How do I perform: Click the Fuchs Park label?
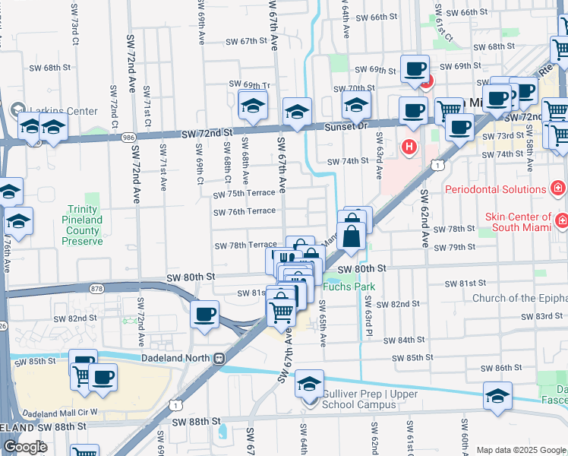[349, 287]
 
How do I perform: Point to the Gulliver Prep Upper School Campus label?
[358, 399]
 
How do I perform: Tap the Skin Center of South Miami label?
[519, 221]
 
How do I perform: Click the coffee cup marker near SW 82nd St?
[204, 315]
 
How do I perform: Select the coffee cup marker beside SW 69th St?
[415, 69]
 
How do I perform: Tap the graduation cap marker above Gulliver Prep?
[309, 384]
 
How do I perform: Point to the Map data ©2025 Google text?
[520, 450]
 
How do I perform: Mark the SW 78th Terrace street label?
[245, 245]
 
